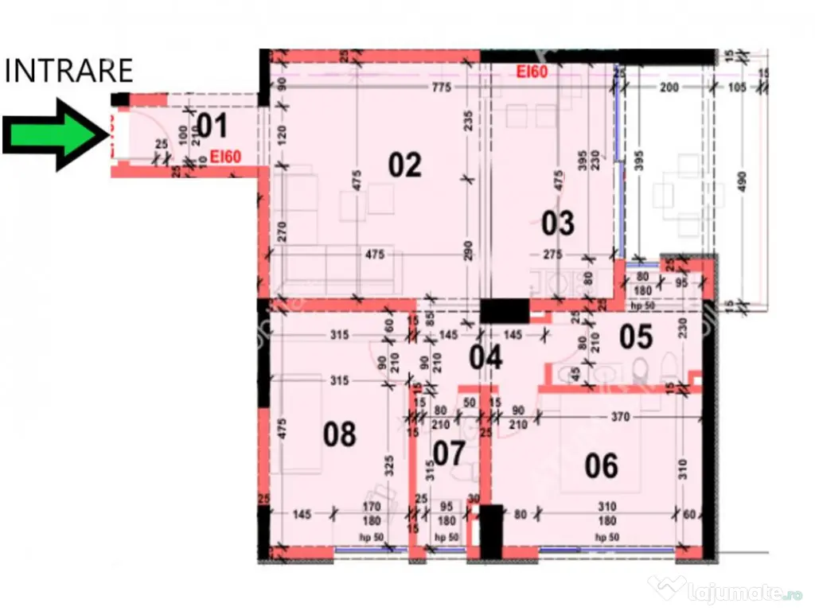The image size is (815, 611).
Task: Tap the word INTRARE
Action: click(69, 71)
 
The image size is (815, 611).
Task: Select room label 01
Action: click(212, 126)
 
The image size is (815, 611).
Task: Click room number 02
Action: click(404, 165)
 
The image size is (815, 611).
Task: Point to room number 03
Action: click(557, 224)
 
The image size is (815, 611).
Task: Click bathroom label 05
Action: click(636, 337)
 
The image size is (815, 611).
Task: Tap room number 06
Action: click(601, 465)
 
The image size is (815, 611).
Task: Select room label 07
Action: click(449, 453)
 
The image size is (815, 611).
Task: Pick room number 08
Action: click(339, 434)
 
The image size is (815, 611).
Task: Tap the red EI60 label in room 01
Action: click(226, 157)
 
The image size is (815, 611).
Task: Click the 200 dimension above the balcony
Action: click(669, 87)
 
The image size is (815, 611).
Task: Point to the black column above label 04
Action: click(505, 310)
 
